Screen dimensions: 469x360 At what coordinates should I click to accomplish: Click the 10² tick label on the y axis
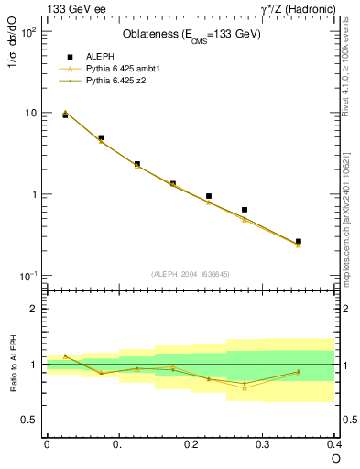tap(28, 32)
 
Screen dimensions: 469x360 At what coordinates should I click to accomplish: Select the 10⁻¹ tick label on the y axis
tap(28, 277)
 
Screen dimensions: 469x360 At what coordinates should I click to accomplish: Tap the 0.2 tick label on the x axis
tap(191, 444)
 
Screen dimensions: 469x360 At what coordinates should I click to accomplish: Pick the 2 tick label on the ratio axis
tap(34, 309)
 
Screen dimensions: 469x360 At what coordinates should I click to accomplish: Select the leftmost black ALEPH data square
tap(65, 115)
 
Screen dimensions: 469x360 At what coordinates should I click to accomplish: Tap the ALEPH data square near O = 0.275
tap(245, 210)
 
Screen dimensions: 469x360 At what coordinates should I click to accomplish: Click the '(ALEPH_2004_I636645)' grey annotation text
tap(191, 273)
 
